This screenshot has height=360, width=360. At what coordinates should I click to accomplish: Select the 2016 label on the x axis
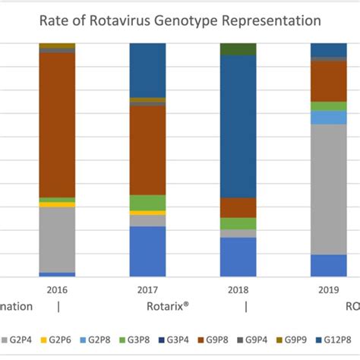click(x=57, y=289)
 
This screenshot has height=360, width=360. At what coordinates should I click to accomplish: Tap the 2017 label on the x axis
click(x=147, y=289)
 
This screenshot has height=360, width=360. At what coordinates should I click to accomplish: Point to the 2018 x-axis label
click(x=238, y=289)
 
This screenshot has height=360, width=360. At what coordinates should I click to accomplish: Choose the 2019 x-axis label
click(x=328, y=289)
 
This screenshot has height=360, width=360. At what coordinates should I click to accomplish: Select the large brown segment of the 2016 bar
click(x=57, y=125)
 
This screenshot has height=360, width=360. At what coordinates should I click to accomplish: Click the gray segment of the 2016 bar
click(x=57, y=239)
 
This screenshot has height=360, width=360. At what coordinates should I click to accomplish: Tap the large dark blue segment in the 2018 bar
click(x=238, y=126)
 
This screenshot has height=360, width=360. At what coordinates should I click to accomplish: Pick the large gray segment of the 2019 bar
click(x=328, y=189)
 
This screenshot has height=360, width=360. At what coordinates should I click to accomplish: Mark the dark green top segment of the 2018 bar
click(x=238, y=49)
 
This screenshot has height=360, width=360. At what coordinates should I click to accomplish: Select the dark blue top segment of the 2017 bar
click(x=147, y=70)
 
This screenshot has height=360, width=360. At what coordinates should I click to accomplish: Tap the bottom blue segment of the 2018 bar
click(x=238, y=257)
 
